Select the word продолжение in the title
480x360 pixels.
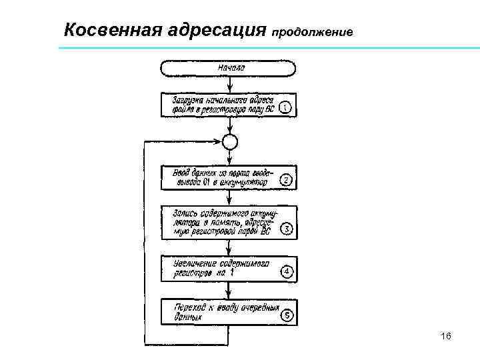coord(313,32)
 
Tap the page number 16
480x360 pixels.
coord(446,337)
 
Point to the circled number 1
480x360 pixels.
coord(285,107)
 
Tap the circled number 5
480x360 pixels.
coord(285,316)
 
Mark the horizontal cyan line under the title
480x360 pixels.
coord(267,49)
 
